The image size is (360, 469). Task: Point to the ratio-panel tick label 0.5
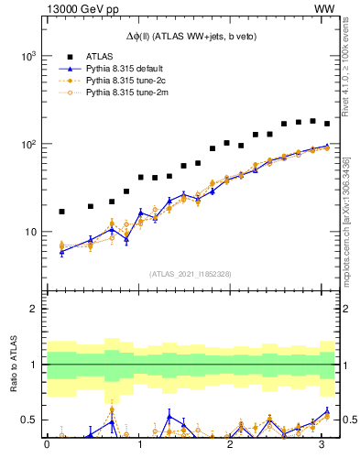(x=28, y=420)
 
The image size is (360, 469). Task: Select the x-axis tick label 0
(x=47, y=445)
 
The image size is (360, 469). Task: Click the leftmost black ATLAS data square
(x=61, y=212)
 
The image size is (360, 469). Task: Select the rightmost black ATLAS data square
(x=327, y=124)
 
